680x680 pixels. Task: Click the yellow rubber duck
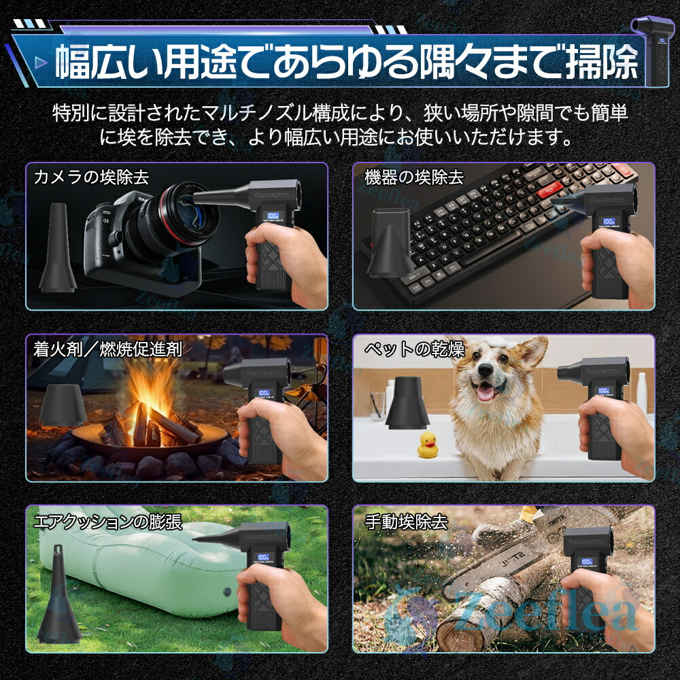(428, 445)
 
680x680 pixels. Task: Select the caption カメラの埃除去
(91, 177)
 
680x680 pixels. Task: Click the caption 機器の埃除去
(414, 177)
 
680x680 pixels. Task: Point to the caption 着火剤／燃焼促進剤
(107, 349)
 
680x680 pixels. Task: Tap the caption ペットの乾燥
(414, 349)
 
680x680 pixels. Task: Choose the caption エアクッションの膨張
(107, 522)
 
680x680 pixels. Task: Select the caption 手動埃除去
(406, 522)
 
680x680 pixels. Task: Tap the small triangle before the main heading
(41, 63)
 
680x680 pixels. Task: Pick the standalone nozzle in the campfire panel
(63, 404)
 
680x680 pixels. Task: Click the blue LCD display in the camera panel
(273, 216)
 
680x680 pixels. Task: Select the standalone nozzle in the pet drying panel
(407, 403)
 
